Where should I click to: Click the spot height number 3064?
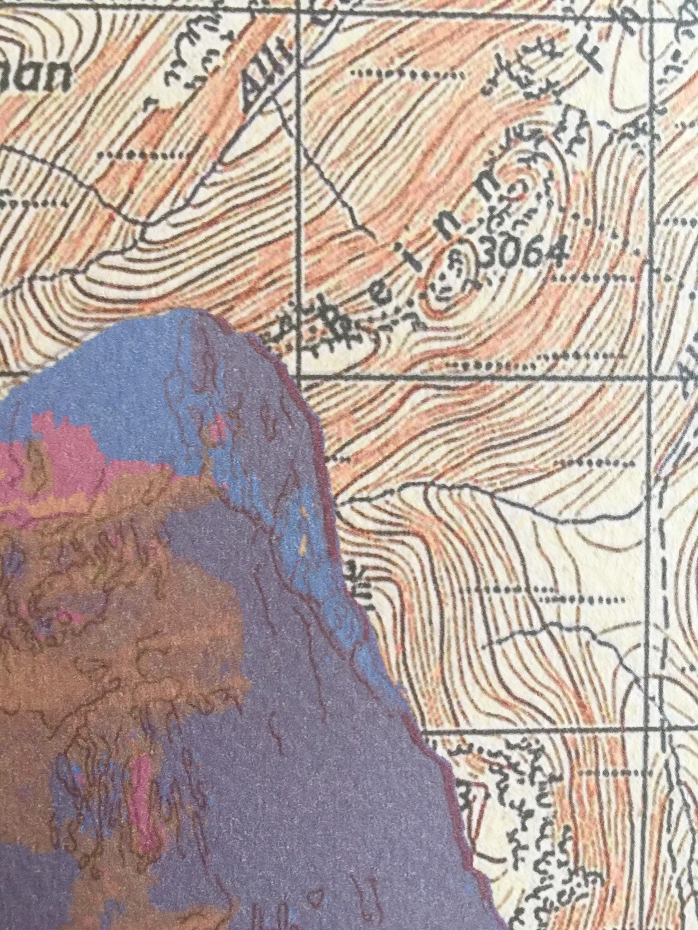[523, 256]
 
